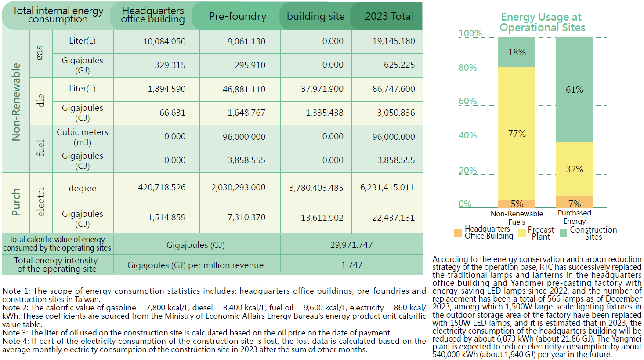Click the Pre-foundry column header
tap(238, 16)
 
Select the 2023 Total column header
tap(389, 16)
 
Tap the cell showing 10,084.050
tap(164, 41)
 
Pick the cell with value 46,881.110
tap(244, 89)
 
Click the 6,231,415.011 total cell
tap(387, 188)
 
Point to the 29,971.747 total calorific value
tap(351, 245)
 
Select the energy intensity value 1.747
tap(351, 265)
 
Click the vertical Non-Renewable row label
tap(16, 102)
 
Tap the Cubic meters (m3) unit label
tap(83, 137)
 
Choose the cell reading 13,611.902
tap(322, 218)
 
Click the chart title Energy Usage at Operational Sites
tap(542, 22)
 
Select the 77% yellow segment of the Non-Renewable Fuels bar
tap(517, 133)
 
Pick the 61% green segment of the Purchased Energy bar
tap(575, 90)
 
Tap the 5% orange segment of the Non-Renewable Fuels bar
tap(517, 204)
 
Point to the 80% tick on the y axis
tap(468, 68)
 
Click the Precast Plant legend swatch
tap(522, 233)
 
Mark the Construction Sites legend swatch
tap(564, 233)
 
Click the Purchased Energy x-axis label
tap(575, 217)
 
